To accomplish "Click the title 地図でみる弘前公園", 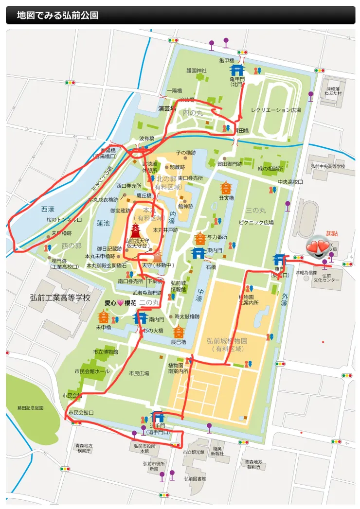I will [57, 16].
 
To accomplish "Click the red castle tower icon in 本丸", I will [135, 230].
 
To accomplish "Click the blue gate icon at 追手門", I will [157, 417].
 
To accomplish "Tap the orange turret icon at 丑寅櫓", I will [225, 187].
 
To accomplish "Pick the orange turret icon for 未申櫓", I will [103, 317].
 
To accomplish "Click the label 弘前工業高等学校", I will [60, 297].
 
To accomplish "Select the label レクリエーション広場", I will [275, 110].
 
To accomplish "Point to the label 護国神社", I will [196, 70].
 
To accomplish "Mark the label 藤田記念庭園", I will [31, 407].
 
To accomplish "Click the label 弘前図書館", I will [195, 478].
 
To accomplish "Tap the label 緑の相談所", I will [270, 169].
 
